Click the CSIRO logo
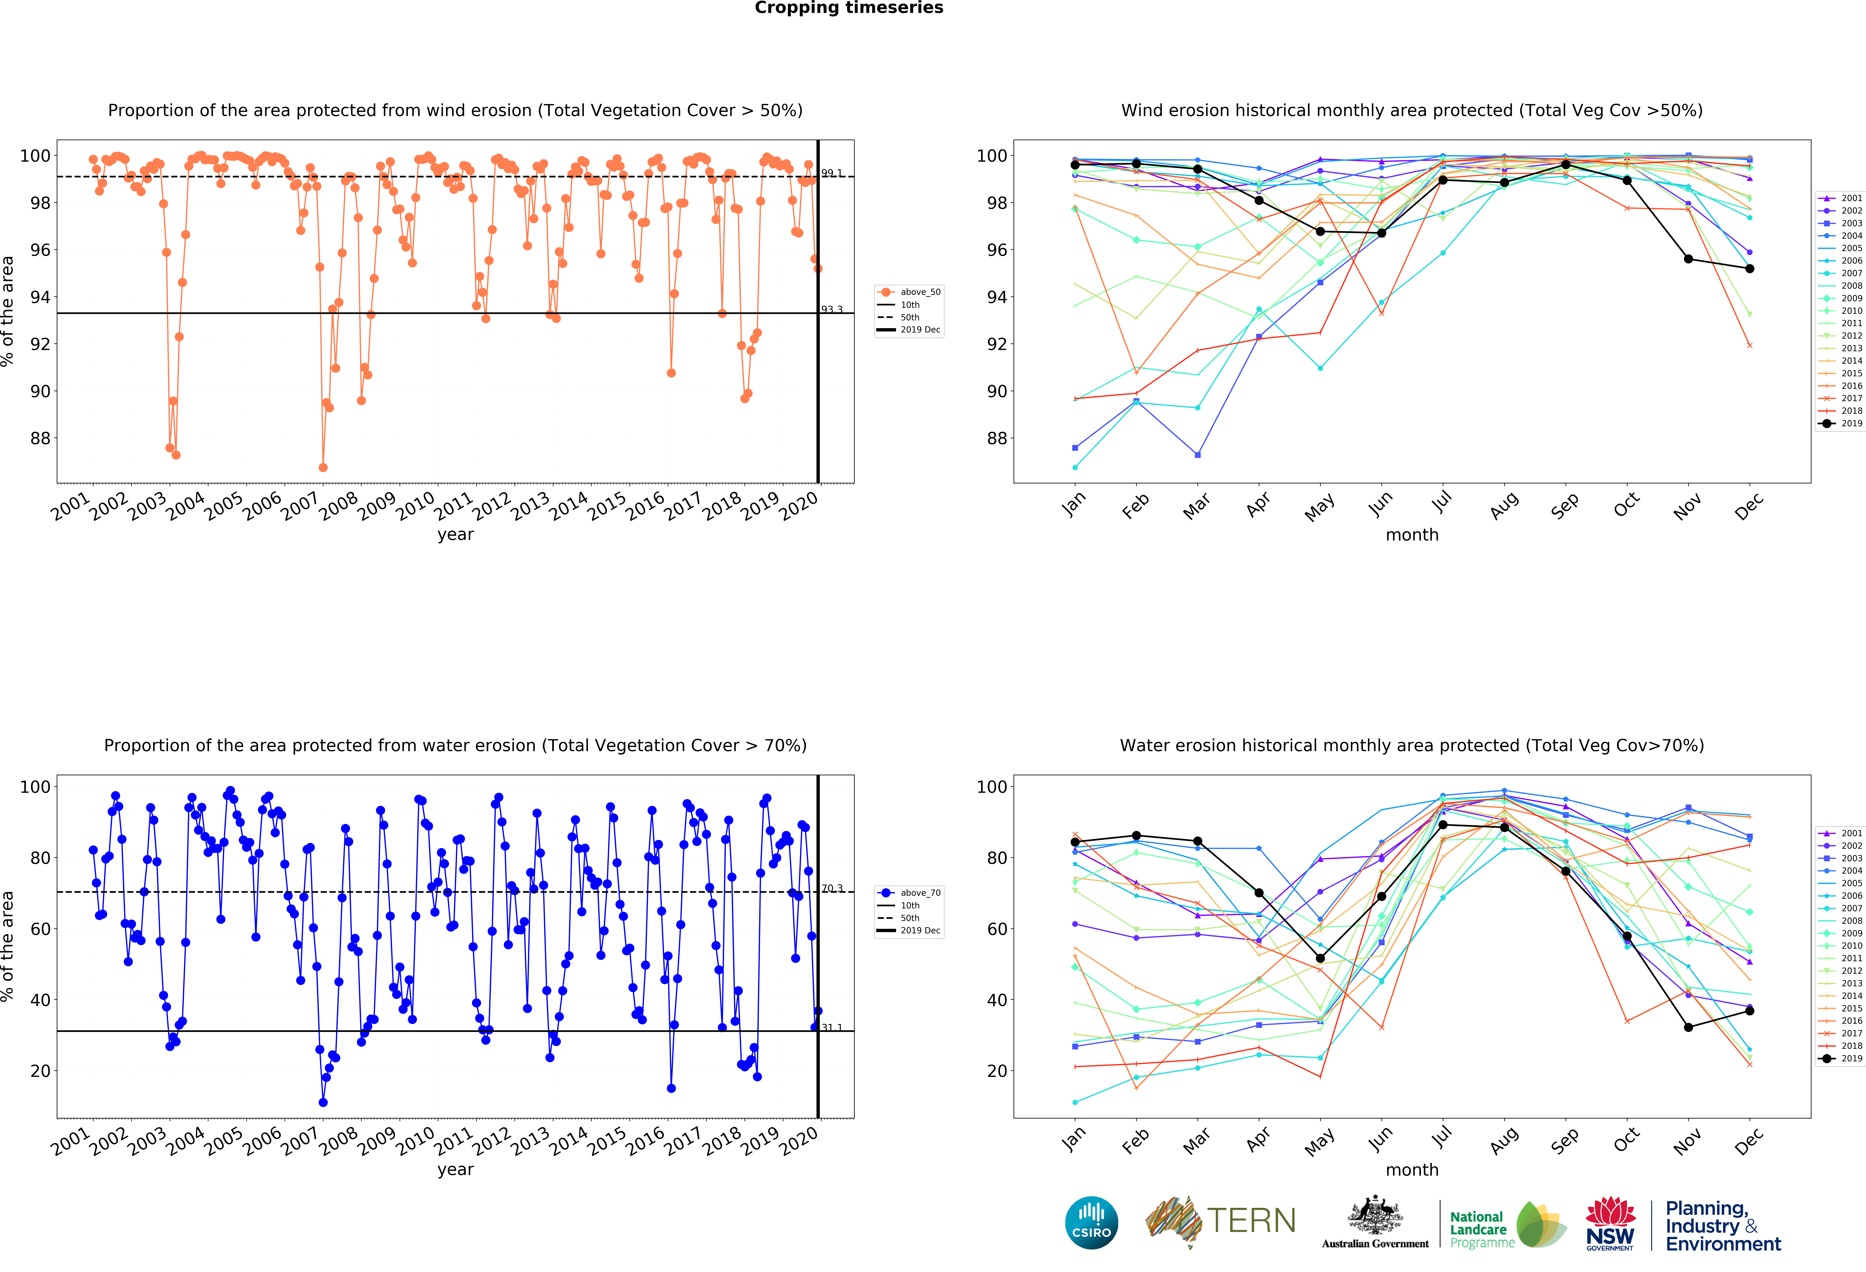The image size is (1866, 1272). tap(1091, 1223)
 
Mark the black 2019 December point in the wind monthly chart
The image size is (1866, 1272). tap(1750, 269)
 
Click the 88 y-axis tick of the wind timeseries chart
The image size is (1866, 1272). tap(40, 438)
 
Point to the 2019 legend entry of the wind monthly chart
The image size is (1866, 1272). tap(1841, 423)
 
